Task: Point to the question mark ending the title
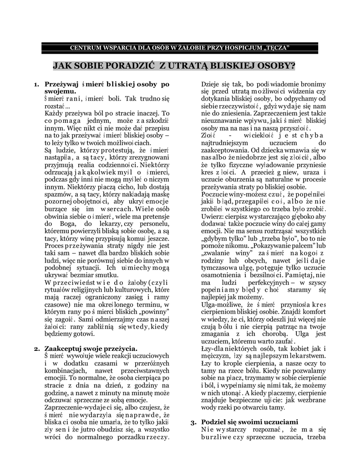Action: click(x=292, y=66)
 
